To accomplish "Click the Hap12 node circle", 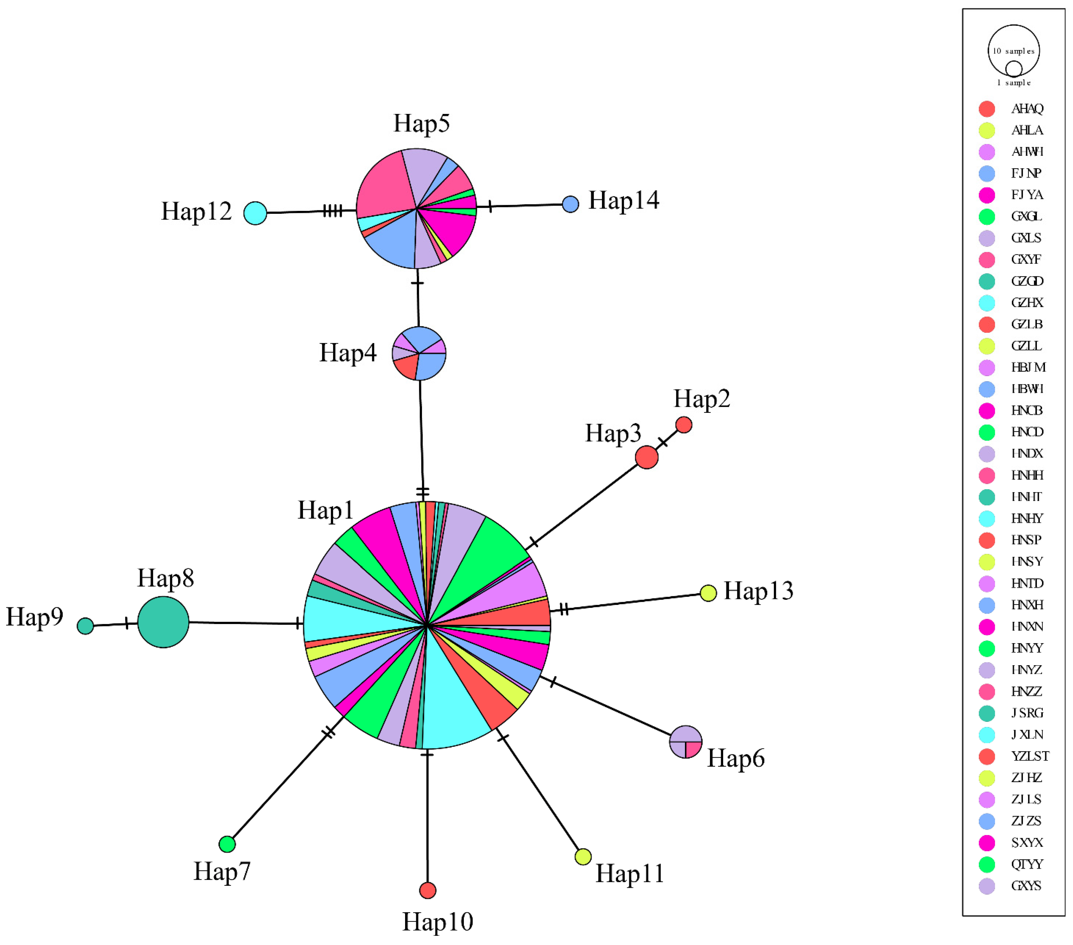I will (255, 213).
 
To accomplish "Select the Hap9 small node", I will (85, 626).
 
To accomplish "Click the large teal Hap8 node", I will (163, 622).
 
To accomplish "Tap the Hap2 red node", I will (684, 425).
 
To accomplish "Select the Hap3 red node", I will (647, 457).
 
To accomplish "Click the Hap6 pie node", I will (686, 742).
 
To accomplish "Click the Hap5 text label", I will (421, 123).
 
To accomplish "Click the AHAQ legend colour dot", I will (987, 109).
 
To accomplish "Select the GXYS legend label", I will (1026, 886).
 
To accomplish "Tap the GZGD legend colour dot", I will (987, 281).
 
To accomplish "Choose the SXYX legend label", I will (1027, 843).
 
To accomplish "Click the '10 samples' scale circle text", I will (1013, 51).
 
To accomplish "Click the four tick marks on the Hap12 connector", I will (332, 211).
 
